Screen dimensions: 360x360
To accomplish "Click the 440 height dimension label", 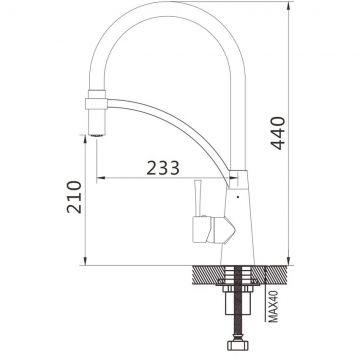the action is click(278, 133).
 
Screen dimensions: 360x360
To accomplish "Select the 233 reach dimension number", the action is click(163, 168).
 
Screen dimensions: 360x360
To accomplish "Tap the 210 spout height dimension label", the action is click(74, 197).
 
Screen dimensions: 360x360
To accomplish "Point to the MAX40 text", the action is click(273, 307).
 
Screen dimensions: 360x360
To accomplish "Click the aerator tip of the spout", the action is click(97, 134).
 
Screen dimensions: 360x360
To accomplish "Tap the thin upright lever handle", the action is click(197, 199).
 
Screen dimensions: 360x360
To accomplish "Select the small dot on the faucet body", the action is click(238, 197).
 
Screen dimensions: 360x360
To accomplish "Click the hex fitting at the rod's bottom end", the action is click(238, 345).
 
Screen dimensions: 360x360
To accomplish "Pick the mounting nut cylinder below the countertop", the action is click(238, 303).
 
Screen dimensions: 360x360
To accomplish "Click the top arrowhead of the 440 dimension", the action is click(289, 6).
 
